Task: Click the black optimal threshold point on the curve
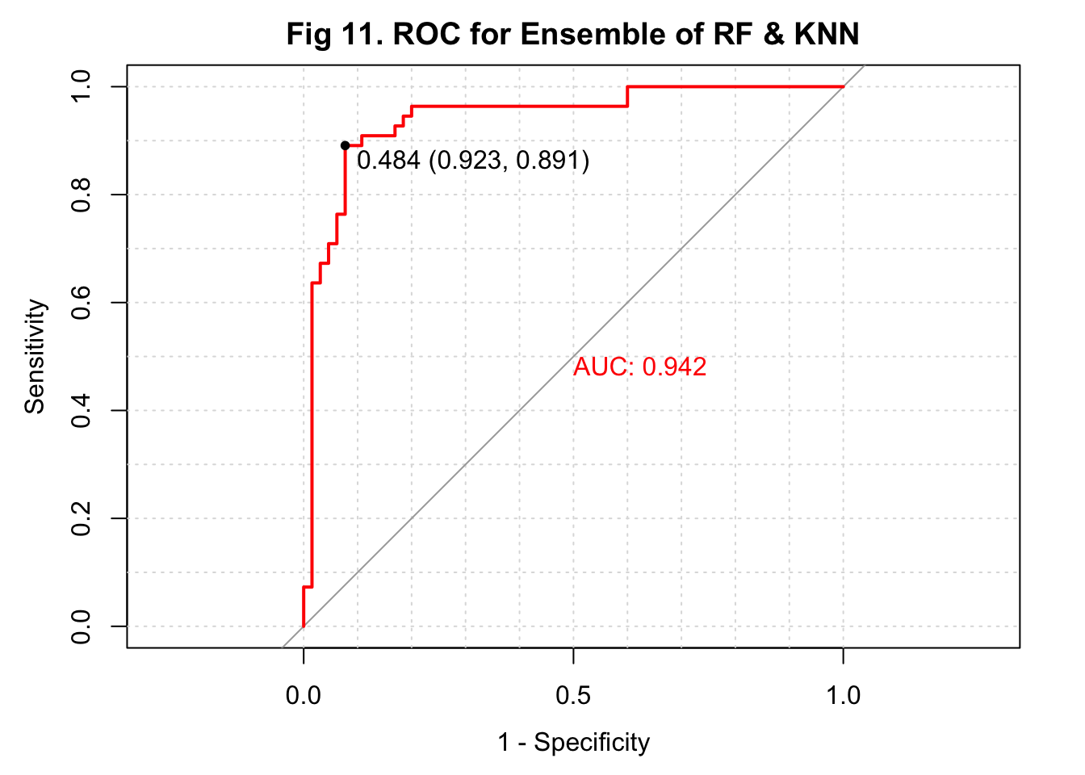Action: pos(345,145)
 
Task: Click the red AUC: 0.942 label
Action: pos(639,367)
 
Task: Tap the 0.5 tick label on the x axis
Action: pos(573,695)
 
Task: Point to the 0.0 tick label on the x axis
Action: pos(304,695)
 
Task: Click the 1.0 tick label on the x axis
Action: pos(843,695)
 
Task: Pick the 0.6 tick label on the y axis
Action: pos(81,303)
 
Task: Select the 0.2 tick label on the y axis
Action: pos(81,518)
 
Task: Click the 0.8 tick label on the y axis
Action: pos(81,195)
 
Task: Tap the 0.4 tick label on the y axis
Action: pos(81,410)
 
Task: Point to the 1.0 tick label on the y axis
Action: pos(81,87)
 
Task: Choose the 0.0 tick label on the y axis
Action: pos(81,626)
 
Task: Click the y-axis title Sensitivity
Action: pos(35,356)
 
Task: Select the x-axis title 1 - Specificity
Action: pos(573,742)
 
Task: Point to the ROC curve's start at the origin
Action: pos(304,626)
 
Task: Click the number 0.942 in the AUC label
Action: pos(674,367)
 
